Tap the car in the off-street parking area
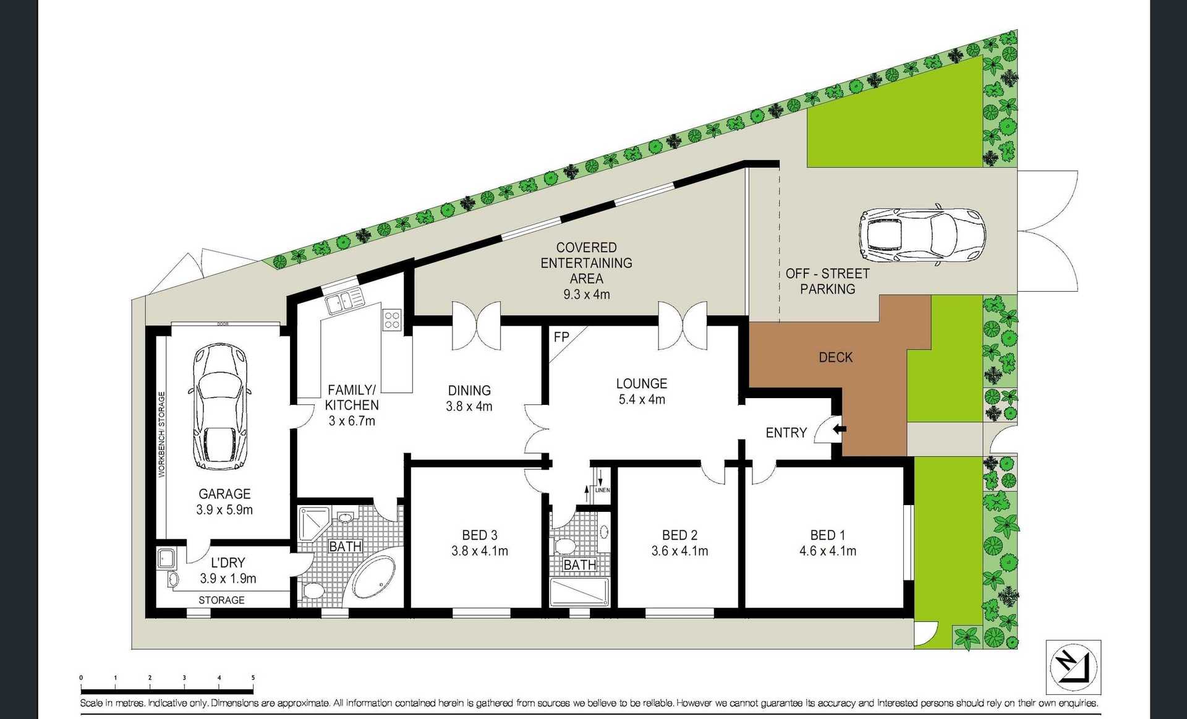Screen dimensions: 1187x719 (x=922, y=236)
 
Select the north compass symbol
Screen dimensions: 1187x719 (x=1073, y=667)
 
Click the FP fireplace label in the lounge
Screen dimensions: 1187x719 (x=561, y=337)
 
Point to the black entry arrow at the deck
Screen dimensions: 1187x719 (x=840, y=428)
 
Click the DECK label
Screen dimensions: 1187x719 (x=835, y=357)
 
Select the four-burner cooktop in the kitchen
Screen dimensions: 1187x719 (x=392, y=320)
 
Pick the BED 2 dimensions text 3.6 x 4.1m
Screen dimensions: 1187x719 (x=679, y=551)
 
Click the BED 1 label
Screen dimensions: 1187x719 (x=827, y=535)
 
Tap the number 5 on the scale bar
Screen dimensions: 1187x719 (x=253, y=678)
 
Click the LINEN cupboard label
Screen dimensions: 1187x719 (x=602, y=490)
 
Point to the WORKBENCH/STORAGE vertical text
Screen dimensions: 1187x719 (x=162, y=434)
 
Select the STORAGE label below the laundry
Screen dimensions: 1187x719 (x=221, y=600)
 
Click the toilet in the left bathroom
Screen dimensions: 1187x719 (x=313, y=591)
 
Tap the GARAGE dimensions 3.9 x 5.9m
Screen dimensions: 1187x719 (x=224, y=510)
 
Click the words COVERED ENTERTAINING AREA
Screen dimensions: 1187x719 (x=586, y=263)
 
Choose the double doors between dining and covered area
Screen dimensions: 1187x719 (x=476, y=325)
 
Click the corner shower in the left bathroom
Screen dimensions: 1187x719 (x=314, y=523)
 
